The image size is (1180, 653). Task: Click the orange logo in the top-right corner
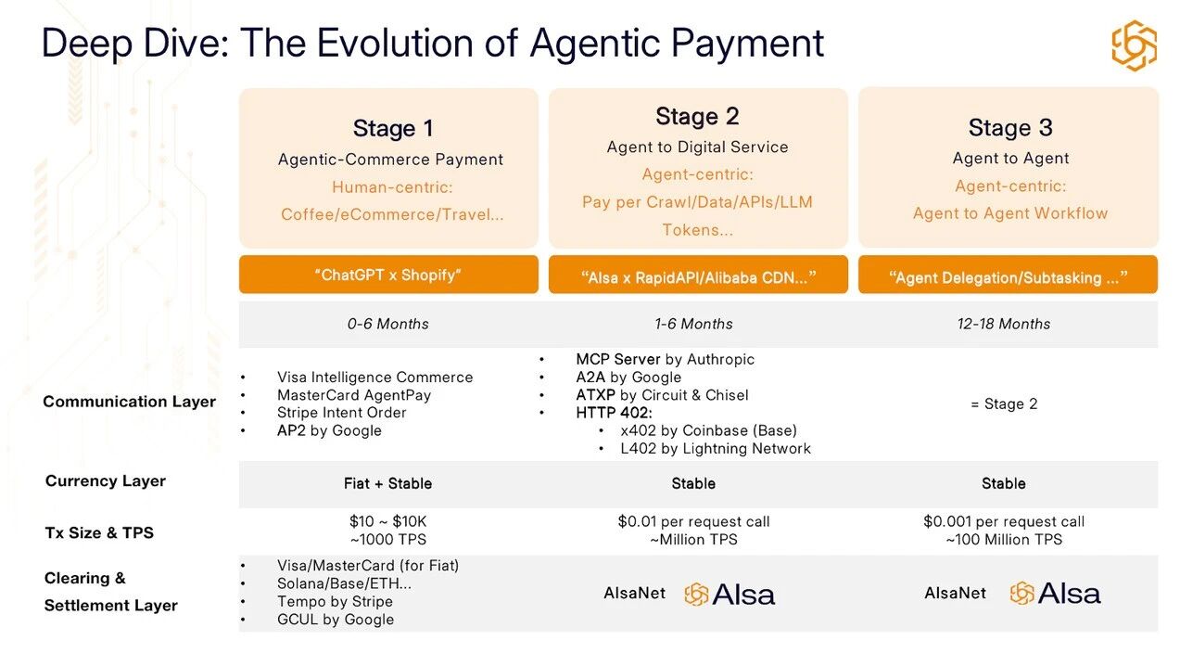pos(1135,45)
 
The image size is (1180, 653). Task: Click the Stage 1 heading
pos(393,128)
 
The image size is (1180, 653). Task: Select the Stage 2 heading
pos(697,116)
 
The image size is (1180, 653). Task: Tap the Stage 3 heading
pos(1010,128)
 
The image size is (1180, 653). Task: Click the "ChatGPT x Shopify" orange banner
pos(388,275)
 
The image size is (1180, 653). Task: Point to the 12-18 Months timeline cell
pos(1004,324)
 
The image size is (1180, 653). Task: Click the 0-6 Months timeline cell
pos(388,324)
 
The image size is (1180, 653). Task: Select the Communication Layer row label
pos(130,402)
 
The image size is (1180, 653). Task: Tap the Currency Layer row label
pos(106,480)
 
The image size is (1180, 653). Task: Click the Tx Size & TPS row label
pos(99,532)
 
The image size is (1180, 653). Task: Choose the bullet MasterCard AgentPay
pos(354,395)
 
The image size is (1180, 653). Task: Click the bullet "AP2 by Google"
pos(329,430)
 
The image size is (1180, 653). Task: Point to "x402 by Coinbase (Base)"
pos(708,430)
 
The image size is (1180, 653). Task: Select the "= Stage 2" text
pos(1004,403)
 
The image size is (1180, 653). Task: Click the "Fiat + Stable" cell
pos(387,483)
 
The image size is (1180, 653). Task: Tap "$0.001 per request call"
pos(1004,521)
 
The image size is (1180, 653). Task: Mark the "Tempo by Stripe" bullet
pos(335,601)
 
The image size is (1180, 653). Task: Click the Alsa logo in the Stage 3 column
pos(1055,594)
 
